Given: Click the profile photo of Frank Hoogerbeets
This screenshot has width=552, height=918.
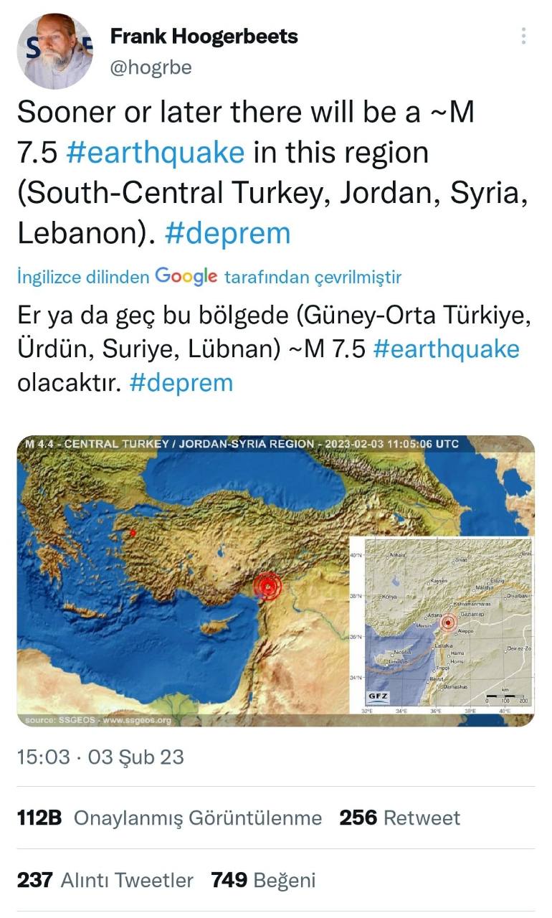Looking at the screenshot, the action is pos(54,52).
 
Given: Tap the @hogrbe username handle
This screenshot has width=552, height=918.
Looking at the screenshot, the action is pos(151,68).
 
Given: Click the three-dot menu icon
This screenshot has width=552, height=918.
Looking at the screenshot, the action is pos(524,36).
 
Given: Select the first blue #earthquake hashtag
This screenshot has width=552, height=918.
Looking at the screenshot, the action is pos(156,153).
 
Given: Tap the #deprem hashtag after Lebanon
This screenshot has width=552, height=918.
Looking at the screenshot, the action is pos(227,234).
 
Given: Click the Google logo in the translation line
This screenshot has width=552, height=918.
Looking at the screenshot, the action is pos(186,276).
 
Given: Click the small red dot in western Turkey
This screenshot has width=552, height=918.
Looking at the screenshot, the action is pos(133,533).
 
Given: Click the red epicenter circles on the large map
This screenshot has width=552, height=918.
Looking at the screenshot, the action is pos(267,586).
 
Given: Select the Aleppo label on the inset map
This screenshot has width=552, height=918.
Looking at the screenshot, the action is pos(465,631).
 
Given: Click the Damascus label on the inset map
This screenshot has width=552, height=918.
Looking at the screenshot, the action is pos(455,686).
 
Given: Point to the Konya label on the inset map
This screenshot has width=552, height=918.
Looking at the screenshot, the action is pos(390,597).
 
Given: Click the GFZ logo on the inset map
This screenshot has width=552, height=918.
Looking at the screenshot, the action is pos(378,696).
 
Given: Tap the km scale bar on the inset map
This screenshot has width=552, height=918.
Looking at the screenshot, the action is pos(505,696).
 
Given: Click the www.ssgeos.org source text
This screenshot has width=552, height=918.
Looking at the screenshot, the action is pos(137,720).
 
